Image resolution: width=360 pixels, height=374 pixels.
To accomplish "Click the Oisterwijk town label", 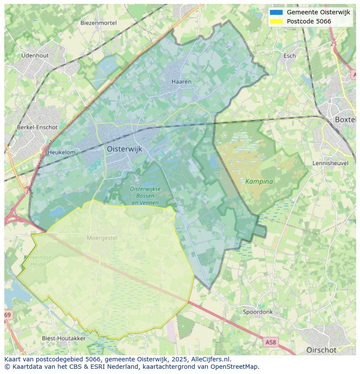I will click(x=124, y=149).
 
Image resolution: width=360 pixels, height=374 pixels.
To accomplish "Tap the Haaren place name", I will click(x=181, y=81).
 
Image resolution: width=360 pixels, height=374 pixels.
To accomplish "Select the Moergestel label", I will click(x=102, y=238).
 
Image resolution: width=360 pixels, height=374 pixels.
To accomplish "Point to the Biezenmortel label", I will click(x=98, y=23).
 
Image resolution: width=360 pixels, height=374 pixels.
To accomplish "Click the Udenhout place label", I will click(x=35, y=56).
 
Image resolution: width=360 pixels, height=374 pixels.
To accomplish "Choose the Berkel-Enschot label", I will click(x=37, y=127).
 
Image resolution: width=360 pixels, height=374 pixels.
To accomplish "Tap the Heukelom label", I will click(x=61, y=152).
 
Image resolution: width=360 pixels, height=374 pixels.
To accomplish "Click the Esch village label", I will click(x=290, y=56).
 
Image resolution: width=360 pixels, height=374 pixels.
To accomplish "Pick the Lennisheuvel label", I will click(x=331, y=163).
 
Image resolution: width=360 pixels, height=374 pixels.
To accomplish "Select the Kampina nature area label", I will click(x=259, y=181).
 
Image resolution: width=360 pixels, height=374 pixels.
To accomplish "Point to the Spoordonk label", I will click(x=258, y=312).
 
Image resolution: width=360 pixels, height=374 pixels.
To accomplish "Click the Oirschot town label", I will click(x=321, y=350).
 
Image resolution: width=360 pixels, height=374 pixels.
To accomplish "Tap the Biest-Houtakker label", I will click(x=63, y=338).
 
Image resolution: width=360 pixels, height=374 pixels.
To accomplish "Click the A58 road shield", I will click(x=270, y=342).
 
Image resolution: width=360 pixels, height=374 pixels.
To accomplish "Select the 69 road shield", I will click(x=8, y=314).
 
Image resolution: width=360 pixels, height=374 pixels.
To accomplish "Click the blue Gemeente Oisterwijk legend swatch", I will click(x=276, y=13).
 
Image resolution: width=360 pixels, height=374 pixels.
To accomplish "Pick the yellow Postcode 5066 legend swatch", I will click(x=276, y=21).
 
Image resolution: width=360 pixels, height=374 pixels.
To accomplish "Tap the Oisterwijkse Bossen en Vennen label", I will click(x=145, y=195).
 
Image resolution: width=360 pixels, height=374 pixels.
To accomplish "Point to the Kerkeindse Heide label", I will click(x=37, y=261).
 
